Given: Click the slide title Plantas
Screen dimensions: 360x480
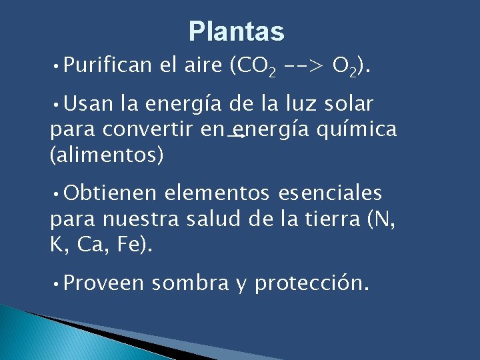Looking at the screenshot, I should [236, 31].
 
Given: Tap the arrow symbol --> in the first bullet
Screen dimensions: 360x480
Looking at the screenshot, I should [303, 66].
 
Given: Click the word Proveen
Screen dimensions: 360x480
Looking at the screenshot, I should [105, 283].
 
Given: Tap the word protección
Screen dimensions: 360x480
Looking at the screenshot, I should [311, 283].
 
